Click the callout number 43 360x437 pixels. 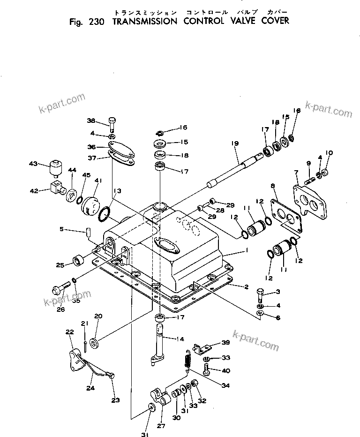[32, 163]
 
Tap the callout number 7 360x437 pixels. [296, 173]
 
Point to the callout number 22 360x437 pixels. [70, 332]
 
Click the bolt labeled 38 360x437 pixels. [113, 123]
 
